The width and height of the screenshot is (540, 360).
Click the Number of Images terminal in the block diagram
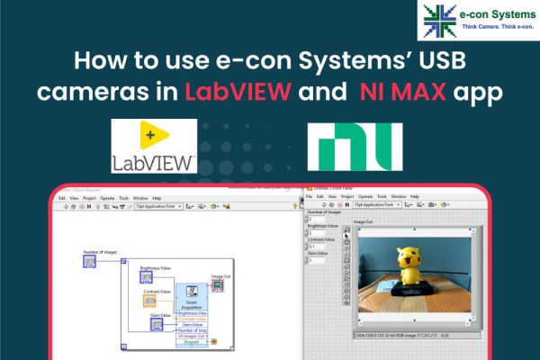point(89,262)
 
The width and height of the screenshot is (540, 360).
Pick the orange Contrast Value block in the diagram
point(149,301)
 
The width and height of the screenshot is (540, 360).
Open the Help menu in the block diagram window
point(157,197)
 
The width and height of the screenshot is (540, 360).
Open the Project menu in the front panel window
point(346,195)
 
